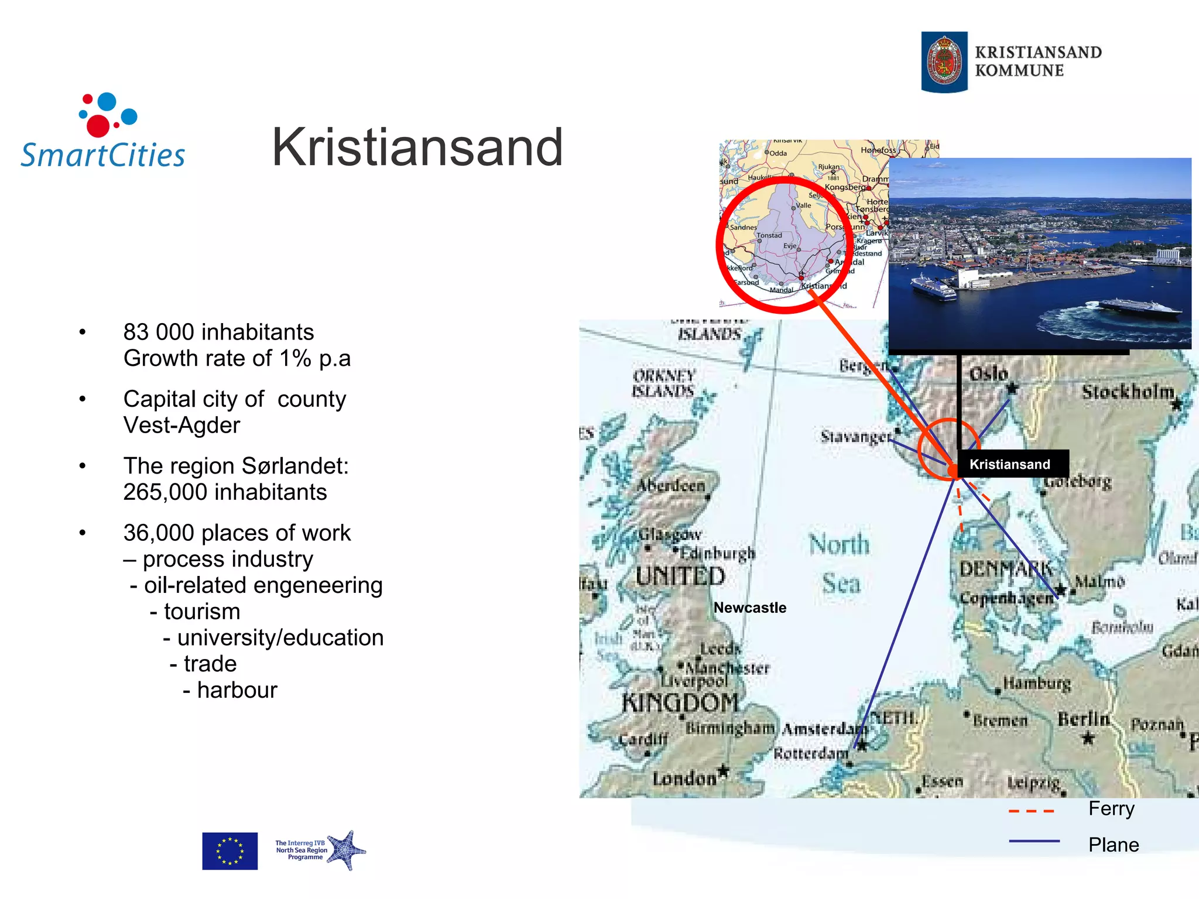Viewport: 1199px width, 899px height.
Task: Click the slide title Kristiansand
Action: [x=417, y=147]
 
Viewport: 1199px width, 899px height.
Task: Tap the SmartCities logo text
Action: [x=103, y=155]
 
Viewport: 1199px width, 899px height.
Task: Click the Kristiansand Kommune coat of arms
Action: [x=944, y=62]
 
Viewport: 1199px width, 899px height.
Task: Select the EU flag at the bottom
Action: [x=229, y=850]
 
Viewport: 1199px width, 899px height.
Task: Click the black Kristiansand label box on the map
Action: [x=1010, y=464]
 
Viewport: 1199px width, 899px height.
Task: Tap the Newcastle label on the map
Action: [x=750, y=608]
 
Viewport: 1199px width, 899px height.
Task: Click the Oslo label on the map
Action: [x=988, y=374]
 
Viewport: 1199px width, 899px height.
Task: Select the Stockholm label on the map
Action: [x=1128, y=392]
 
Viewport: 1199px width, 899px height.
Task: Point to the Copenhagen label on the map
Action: [x=1006, y=598]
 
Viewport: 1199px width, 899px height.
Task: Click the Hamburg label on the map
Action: [x=1037, y=682]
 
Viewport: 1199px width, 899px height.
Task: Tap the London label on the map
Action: [x=684, y=778]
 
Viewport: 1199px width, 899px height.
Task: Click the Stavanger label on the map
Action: [x=855, y=437]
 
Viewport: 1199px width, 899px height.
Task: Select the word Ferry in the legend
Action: [x=1111, y=808]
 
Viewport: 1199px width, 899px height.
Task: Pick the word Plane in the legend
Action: [x=1114, y=845]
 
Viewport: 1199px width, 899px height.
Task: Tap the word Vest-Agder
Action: [x=181, y=425]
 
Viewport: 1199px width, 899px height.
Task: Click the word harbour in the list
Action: [x=237, y=690]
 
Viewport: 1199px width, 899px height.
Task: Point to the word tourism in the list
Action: [x=202, y=611]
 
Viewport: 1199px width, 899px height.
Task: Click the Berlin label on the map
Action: [x=1083, y=719]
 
